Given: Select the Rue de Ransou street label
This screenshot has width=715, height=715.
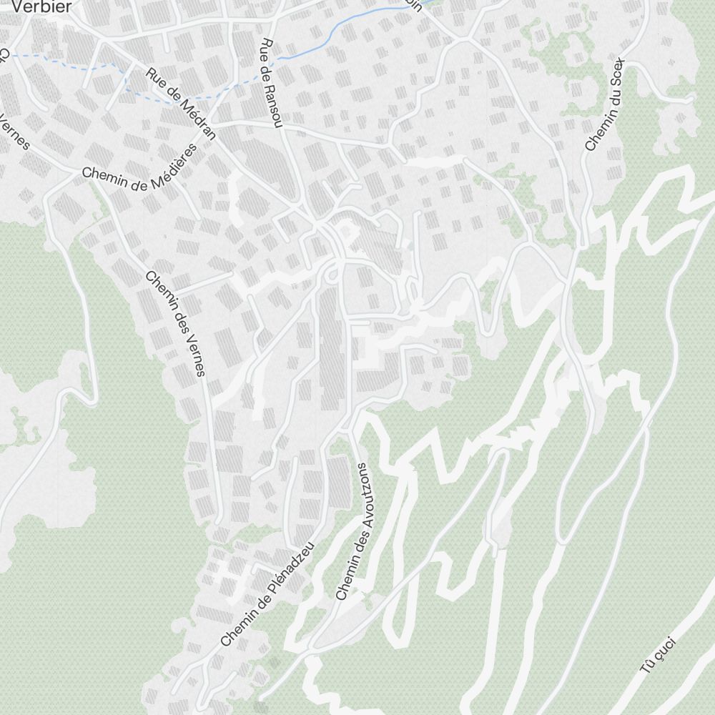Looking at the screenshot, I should click(x=272, y=82).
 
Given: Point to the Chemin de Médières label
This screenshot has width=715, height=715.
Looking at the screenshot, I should click(x=139, y=168).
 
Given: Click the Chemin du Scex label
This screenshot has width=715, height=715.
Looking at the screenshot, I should click(x=604, y=104).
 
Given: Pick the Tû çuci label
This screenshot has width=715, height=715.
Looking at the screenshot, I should click(x=657, y=654).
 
